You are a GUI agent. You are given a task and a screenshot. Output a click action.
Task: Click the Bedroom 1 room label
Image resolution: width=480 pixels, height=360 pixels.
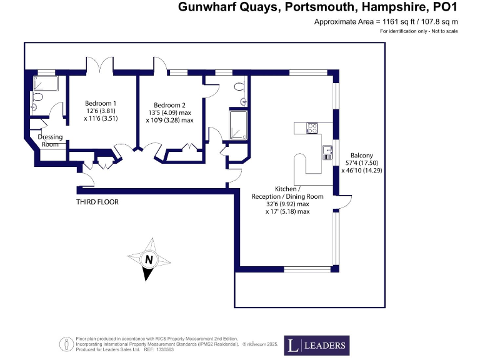point(101,103)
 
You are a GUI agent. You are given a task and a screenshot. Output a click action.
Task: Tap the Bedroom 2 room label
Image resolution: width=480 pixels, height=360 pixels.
point(169,104)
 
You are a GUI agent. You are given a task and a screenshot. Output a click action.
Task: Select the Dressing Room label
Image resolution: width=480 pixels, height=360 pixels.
point(49,141)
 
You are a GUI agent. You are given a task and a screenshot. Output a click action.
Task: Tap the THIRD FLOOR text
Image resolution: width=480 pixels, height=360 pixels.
point(97,202)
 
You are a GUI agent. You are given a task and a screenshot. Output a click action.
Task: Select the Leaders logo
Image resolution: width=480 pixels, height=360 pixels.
point(316,345)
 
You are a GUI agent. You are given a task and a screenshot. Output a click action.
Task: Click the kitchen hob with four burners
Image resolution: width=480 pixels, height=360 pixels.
point(311,129)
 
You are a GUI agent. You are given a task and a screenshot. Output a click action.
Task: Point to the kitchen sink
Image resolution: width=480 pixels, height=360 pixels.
point(327,151)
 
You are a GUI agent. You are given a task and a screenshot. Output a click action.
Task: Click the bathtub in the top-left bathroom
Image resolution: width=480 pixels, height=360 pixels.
point(46,83)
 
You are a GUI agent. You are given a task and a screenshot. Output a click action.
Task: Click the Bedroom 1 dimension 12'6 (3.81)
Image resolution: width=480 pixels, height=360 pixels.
point(101,111)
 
